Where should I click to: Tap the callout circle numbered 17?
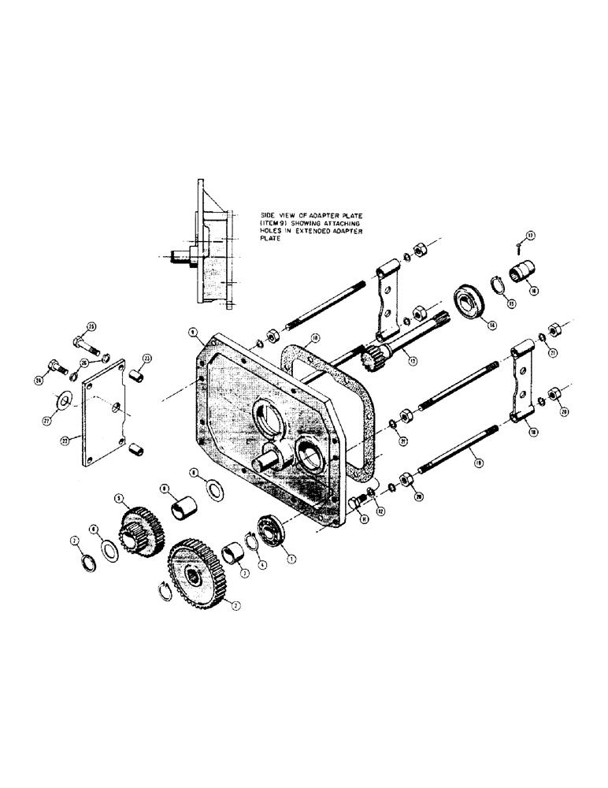[530, 234]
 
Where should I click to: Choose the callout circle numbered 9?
[191, 334]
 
